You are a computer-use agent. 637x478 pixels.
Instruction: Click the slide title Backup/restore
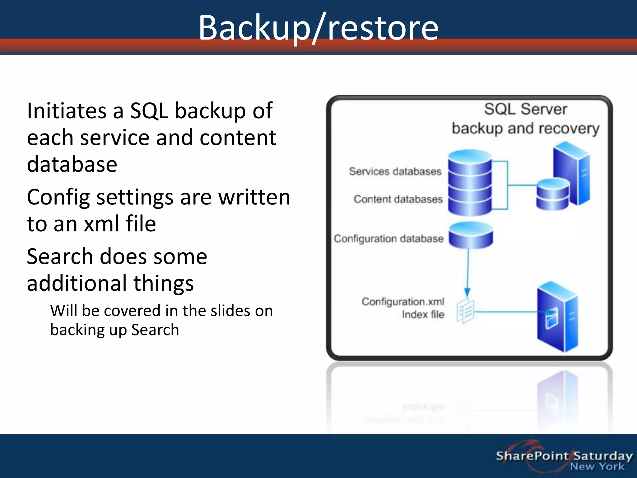318,28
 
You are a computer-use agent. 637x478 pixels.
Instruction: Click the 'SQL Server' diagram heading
525,109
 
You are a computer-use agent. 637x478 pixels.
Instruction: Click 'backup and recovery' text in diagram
525,129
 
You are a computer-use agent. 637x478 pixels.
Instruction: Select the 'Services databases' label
395,171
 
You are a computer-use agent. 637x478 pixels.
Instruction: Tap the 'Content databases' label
398,199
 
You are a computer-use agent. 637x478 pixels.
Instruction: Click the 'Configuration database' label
388,239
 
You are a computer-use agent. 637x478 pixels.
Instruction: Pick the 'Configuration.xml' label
403,302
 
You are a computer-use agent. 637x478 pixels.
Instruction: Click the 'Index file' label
423,315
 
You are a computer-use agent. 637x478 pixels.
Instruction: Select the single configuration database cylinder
471,235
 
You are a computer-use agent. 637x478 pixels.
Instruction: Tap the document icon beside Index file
465,311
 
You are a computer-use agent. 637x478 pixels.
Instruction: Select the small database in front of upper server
553,194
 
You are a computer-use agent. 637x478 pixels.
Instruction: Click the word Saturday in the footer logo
603,456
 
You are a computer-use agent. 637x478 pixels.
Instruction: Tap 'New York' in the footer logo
597,467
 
